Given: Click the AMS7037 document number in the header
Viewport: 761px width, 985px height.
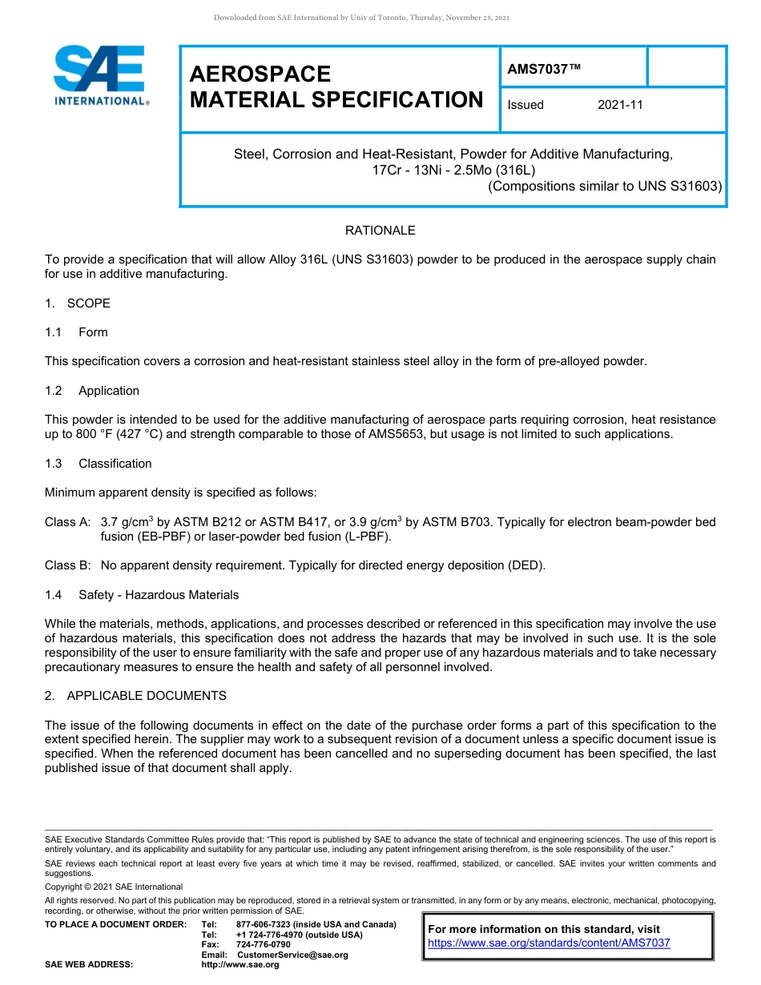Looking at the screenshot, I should [543, 69].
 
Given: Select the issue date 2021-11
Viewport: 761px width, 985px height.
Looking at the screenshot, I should [620, 105].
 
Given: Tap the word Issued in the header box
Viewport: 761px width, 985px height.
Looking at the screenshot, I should [525, 105].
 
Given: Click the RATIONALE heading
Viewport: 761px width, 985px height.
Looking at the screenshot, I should [380, 231].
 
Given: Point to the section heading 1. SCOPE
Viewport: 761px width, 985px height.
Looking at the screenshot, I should [78, 304].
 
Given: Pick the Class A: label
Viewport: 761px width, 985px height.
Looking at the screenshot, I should [67, 523].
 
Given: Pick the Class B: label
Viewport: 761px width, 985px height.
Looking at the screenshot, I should [67, 565].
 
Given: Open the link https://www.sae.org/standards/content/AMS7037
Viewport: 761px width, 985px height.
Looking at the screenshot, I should [549, 943].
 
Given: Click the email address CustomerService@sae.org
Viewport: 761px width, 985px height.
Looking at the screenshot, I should [292, 955].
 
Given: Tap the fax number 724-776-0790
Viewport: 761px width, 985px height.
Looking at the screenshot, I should [264, 945].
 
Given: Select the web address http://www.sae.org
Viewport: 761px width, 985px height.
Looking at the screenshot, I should [240, 965].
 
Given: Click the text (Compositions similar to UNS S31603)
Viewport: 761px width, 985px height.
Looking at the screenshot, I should [605, 187].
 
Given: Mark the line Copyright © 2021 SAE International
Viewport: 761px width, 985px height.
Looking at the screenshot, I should [114, 887].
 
